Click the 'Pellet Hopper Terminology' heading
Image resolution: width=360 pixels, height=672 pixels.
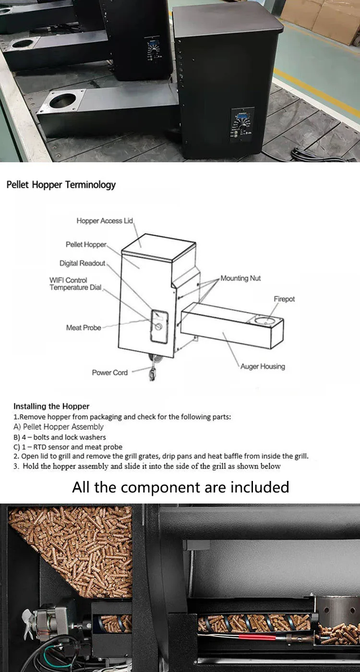click(x=61, y=185)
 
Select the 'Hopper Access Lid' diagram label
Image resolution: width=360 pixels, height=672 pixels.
click(x=104, y=221)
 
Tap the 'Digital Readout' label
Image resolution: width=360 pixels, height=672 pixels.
click(x=82, y=264)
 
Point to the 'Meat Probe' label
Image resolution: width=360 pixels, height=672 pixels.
click(x=84, y=328)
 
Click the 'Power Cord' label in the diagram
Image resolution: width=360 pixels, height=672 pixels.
click(x=110, y=372)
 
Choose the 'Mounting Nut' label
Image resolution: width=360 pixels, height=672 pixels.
click(x=240, y=278)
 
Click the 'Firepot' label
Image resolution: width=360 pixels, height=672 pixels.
click(x=284, y=299)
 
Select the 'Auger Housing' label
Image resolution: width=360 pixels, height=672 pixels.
click(x=263, y=366)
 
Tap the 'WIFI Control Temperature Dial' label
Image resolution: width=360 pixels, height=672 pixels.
click(x=75, y=284)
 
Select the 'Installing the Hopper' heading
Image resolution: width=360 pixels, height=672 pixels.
click(x=51, y=406)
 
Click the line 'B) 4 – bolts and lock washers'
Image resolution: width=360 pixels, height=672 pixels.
click(x=60, y=437)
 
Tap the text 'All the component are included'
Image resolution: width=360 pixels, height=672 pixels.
click(x=180, y=487)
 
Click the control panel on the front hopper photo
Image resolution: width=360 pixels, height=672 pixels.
click(x=240, y=126)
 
